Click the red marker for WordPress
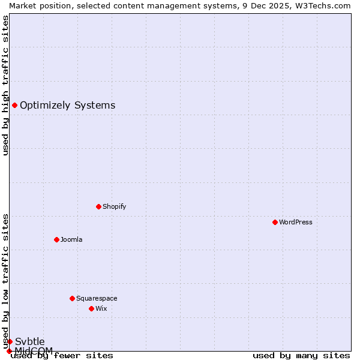coord(275,222)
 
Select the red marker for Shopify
coord(98,206)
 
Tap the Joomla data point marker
coord(56,239)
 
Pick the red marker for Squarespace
coord(72,298)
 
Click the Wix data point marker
coord(91,308)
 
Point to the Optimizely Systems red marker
coord(14,106)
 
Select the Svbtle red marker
coord(10,341)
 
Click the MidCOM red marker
coord(9,351)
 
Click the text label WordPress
coord(296,222)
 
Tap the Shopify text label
coord(114,206)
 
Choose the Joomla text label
coord(71,239)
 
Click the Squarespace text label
coord(97,298)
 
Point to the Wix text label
coord(101,308)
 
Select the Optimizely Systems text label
coord(67,106)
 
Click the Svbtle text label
coord(29,341)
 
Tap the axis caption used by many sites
coord(301,355)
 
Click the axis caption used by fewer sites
coord(62,355)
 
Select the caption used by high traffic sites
coord(5,85)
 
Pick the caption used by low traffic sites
coord(5,281)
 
